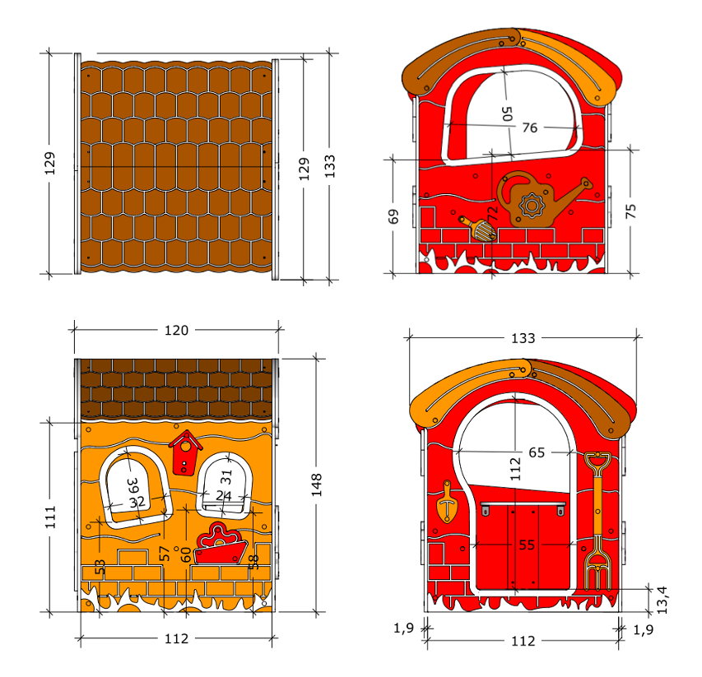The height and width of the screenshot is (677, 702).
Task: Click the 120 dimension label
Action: (176, 330)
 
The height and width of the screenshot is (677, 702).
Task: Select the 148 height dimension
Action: (317, 485)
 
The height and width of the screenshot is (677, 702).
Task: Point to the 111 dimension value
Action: (50, 517)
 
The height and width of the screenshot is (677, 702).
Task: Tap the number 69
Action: (393, 216)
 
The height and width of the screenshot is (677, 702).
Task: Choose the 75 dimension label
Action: (630, 211)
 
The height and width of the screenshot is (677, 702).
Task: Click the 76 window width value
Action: (530, 128)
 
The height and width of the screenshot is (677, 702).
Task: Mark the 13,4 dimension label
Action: (662, 600)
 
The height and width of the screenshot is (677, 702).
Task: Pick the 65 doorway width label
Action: (537, 452)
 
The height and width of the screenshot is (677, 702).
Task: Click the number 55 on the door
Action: (527, 545)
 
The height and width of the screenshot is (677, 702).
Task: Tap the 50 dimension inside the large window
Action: (507, 114)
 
